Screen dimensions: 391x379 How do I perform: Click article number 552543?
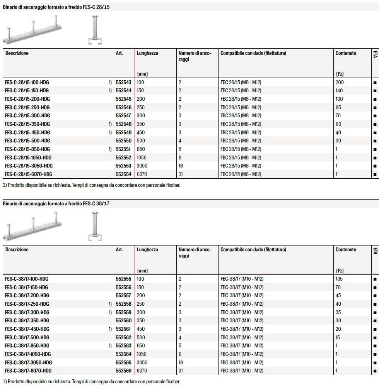coord(123,82)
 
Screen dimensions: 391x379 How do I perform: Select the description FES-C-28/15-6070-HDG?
coord(28,174)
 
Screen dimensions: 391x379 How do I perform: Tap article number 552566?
coord(123,371)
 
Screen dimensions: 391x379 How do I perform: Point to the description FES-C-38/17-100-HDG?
coord(27,279)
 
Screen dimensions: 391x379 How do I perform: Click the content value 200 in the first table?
coord(340,82)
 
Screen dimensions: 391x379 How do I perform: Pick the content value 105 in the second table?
coord(340,279)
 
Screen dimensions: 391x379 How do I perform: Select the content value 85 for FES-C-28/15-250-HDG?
coord(338,107)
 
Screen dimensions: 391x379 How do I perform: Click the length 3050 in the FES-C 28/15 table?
coord(142,166)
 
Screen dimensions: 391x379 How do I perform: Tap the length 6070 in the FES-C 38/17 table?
coord(142,371)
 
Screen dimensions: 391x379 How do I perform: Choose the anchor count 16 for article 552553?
coord(181,166)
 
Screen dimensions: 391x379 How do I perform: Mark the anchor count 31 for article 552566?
coord(181,371)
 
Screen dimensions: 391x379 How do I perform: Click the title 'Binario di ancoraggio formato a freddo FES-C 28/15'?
coord(56,7)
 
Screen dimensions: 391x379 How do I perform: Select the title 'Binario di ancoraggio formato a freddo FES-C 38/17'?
coord(56,203)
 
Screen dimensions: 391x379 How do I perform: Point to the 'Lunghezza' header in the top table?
coord(147,53)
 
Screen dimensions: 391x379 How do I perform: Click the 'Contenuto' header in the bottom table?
coord(346,250)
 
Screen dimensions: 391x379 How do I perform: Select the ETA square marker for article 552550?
coord(374,141)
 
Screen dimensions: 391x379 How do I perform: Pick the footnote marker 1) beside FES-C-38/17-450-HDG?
coord(110,329)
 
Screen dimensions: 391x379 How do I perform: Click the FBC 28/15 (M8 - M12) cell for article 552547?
coord(241,116)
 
